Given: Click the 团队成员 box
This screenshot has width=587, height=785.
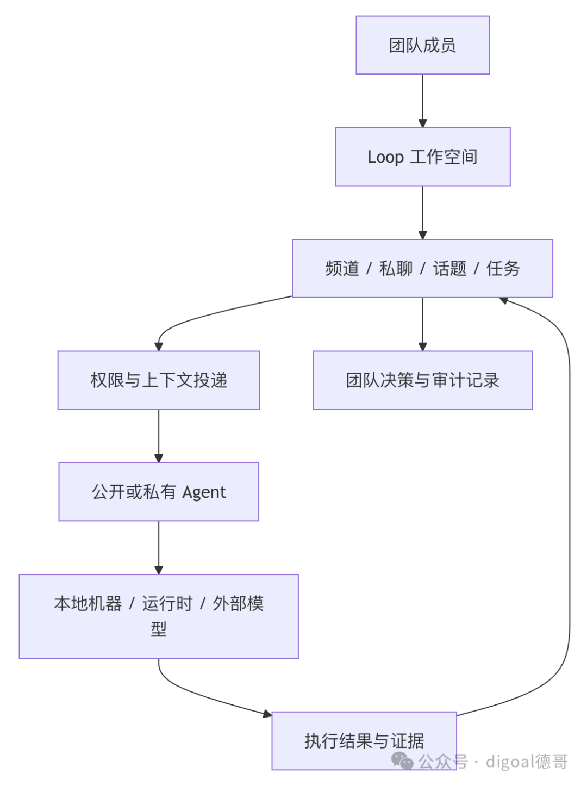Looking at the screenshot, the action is (422, 45).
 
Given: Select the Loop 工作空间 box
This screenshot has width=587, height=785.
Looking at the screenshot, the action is (422, 157).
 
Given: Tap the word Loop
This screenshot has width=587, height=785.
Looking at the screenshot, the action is (385, 157).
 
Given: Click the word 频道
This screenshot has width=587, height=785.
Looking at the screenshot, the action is (342, 268).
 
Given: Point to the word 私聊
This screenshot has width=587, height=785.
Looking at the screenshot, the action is (396, 268).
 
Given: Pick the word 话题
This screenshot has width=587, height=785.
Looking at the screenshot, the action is (450, 268).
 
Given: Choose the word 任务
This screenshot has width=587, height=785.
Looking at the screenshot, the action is (503, 268).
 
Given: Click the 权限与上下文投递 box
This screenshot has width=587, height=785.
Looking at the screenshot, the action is (159, 380).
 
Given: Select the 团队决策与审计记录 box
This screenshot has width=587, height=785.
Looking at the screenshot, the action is (423, 380).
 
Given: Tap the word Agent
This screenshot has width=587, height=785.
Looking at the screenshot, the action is (204, 492).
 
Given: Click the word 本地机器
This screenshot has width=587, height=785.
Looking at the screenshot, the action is (88, 604).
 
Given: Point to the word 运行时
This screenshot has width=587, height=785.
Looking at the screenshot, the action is (167, 604).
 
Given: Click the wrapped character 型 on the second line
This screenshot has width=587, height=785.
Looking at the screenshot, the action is (159, 629).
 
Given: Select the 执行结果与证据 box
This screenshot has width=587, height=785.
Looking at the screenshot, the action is (364, 740).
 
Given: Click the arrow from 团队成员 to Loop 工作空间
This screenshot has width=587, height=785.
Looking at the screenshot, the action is (423, 101).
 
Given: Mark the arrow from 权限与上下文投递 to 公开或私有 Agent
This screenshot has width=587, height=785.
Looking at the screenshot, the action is (159, 436).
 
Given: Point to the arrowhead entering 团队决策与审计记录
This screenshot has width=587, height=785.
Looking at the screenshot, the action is (423, 347).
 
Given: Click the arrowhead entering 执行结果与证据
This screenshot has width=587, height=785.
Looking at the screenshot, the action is (267, 714).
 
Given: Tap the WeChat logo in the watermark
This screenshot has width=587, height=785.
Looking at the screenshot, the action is (402, 761).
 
